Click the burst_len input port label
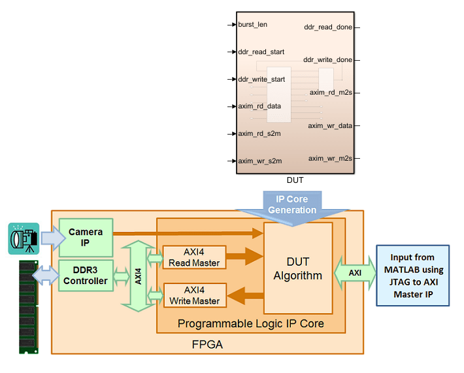252,25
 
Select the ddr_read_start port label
261,52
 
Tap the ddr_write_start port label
261,80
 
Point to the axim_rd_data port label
259,106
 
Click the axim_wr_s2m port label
259,161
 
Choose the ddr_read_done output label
328,27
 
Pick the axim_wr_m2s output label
330,158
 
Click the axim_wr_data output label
330,125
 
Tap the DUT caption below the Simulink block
295,180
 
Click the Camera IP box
86,237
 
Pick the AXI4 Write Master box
194,295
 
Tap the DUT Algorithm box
298,268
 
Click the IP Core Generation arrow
291,204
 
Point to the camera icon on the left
24,238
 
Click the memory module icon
27,306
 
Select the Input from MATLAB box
414,275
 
